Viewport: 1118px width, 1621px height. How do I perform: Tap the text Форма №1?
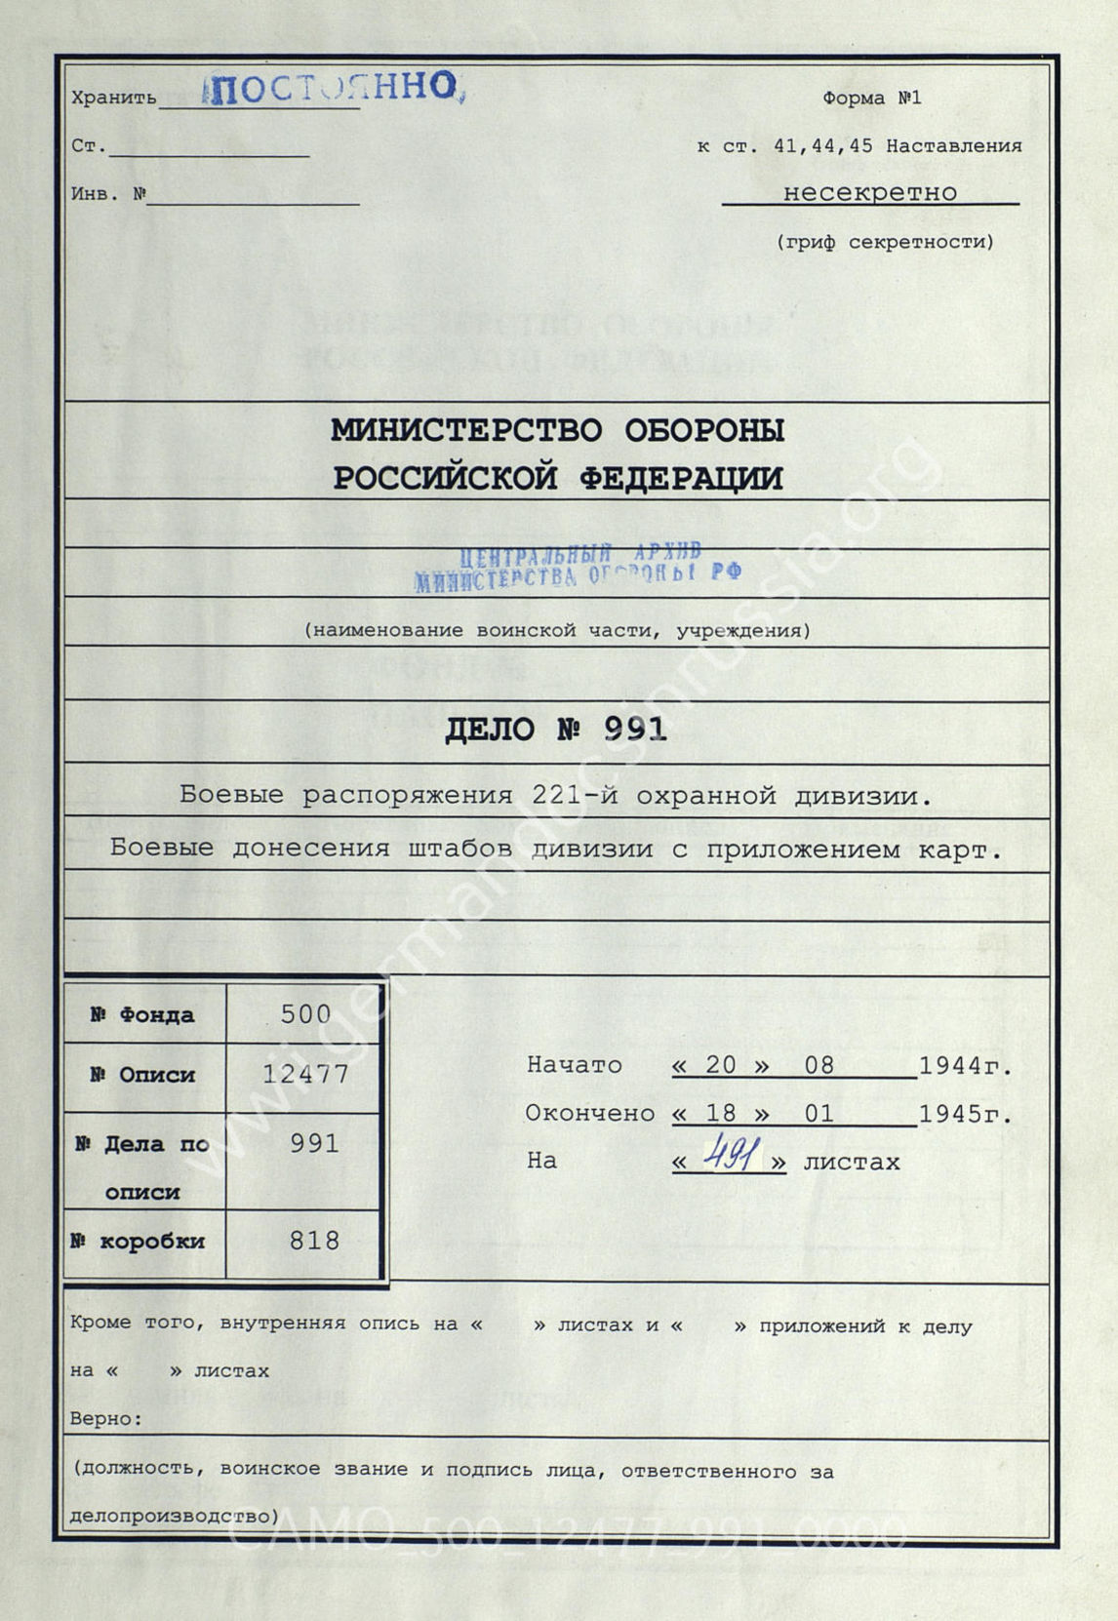[871, 98]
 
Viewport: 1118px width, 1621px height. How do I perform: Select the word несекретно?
[870, 192]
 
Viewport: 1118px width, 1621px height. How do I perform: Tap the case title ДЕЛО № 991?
[555, 730]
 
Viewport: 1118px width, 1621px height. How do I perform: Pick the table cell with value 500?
[305, 1014]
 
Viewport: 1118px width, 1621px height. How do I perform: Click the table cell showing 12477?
[305, 1074]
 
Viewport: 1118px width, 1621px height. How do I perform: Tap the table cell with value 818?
[314, 1241]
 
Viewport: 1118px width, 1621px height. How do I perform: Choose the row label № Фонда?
[142, 1014]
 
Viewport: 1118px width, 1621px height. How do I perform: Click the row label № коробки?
[138, 1242]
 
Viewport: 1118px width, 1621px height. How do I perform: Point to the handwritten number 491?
[730, 1158]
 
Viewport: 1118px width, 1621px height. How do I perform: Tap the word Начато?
[574, 1065]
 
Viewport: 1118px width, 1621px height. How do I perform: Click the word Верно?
[106, 1418]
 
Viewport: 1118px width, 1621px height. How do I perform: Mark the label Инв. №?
[108, 193]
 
